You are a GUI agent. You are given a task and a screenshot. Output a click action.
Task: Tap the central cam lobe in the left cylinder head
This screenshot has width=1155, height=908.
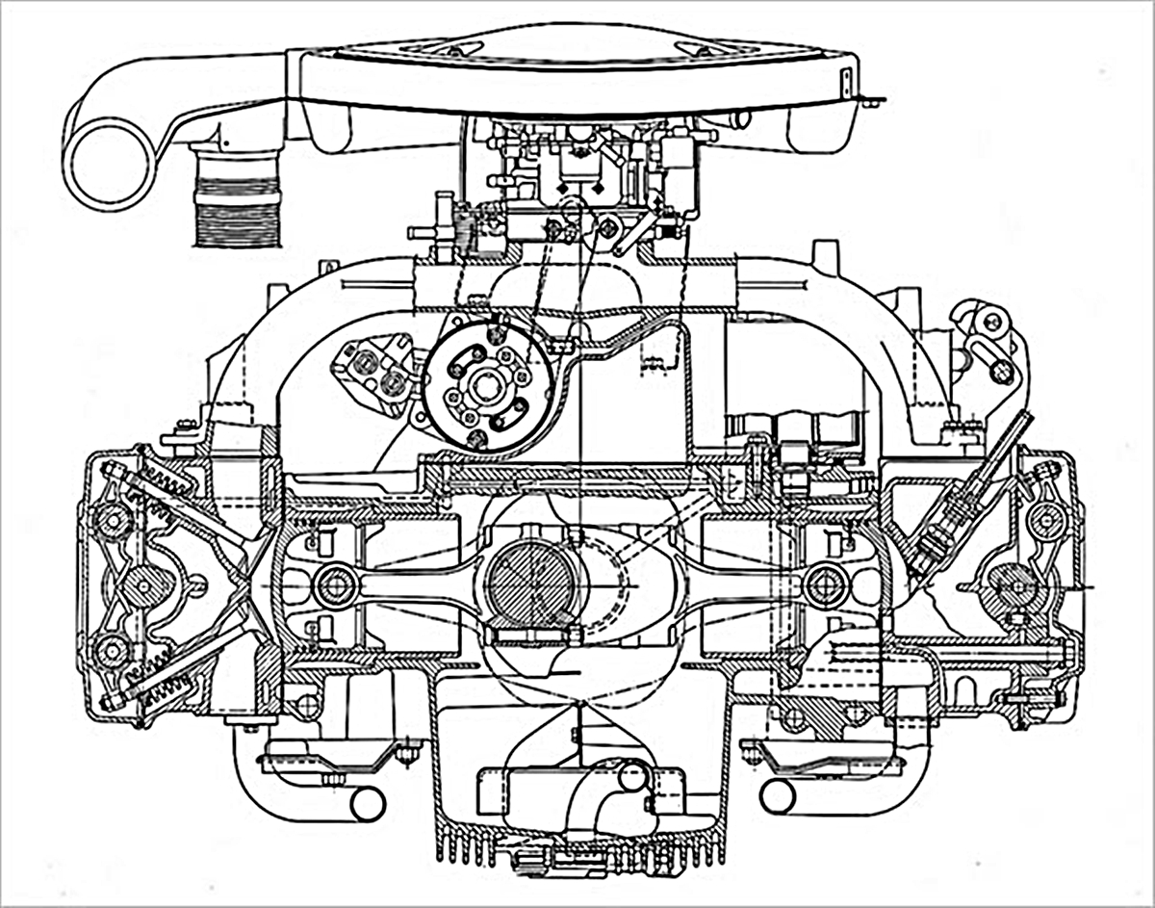(x=144, y=585)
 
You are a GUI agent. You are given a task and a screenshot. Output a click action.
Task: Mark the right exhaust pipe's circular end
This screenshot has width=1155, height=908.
(x=777, y=795)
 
